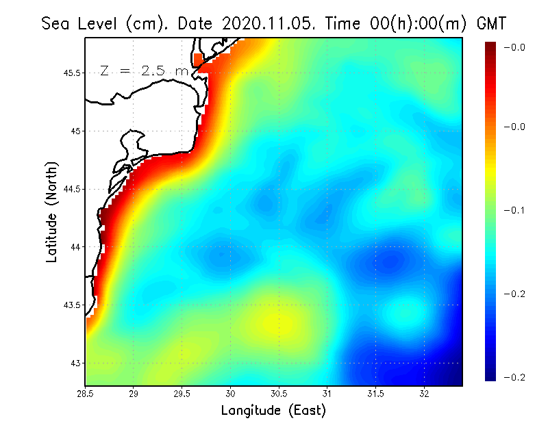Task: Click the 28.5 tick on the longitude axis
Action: pyautogui.click(x=86, y=394)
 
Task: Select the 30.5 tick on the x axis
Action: pyautogui.click(x=279, y=394)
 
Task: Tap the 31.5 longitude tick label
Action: pyautogui.click(x=376, y=394)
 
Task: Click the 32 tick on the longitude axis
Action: pyautogui.click(x=424, y=394)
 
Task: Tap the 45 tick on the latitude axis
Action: pyautogui.click(x=75, y=131)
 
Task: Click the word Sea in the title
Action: pyautogui.click(x=55, y=23)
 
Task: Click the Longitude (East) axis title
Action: pyautogui.click(x=273, y=411)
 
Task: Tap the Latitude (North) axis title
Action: pyautogui.click(x=51, y=212)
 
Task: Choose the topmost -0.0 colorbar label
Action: pyautogui.click(x=514, y=47)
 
